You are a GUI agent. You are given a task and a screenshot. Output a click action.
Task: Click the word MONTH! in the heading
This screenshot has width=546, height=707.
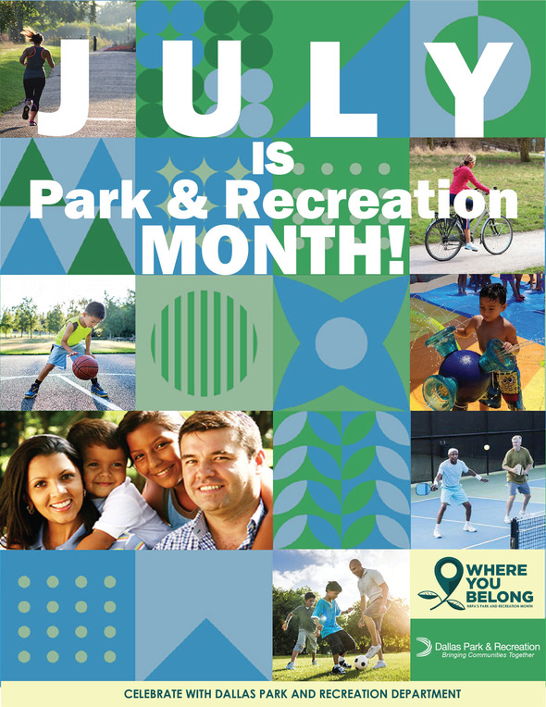(274, 248)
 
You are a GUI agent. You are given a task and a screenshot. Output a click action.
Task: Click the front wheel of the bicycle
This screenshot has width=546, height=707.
(444, 240)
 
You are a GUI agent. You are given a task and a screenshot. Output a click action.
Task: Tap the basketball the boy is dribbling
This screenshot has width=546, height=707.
(86, 366)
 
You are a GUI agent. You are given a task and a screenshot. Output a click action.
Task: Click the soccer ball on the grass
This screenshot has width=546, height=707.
(360, 662)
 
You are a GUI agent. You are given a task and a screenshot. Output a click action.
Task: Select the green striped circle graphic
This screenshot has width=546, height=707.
(205, 343)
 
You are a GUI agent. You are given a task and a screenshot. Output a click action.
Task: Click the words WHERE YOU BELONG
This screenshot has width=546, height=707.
(496, 582)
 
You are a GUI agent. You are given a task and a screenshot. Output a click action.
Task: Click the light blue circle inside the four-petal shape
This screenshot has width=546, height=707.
(341, 343)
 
